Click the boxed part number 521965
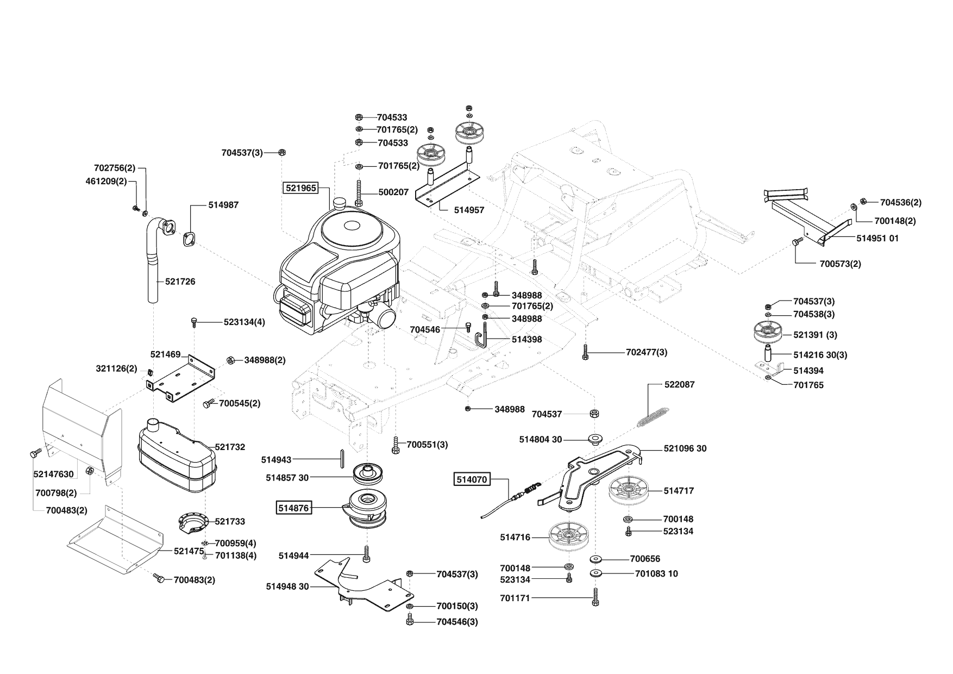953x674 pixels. pyautogui.click(x=300, y=188)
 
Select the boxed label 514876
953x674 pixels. pyautogui.click(x=293, y=508)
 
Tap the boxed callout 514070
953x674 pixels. pyautogui.click(x=472, y=479)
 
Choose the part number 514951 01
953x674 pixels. pyautogui.click(x=877, y=238)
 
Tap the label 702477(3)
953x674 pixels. pyautogui.click(x=647, y=352)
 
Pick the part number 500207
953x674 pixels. pyautogui.click(x=393, y=192)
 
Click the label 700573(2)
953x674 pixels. pyautogui.click(x=840, y=264)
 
